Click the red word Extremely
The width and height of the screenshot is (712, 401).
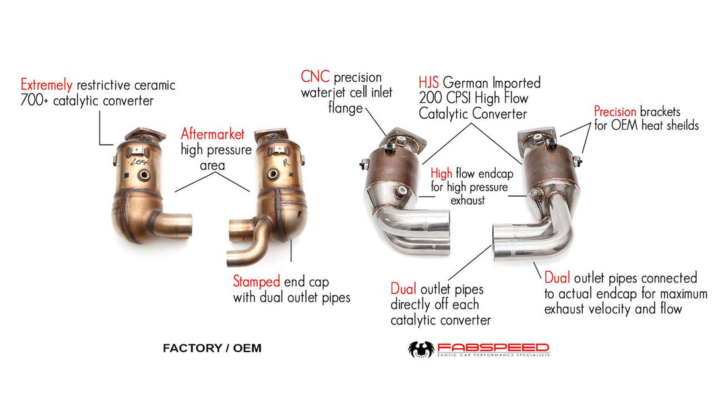pos(46,85)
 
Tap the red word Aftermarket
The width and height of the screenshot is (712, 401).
pos(212,134)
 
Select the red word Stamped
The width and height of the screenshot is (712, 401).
pos(256,282)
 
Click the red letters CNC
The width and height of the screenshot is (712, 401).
pos(315,77)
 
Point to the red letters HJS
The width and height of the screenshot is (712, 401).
pos(429,82)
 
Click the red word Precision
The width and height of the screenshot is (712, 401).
pos(615,111)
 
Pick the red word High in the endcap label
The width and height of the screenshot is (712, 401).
pos(441,173)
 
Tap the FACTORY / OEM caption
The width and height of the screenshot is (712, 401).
pos(212,348)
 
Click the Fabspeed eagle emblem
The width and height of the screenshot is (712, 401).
pos(421,350)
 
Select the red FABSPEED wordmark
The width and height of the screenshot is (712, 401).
pos(493,348)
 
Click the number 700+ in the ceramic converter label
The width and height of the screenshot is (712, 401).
pos(34,100)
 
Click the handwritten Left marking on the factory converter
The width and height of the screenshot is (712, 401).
pos(138,162)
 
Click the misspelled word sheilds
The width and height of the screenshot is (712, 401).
pos(682,125)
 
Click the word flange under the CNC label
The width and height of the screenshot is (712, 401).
pos(346,109)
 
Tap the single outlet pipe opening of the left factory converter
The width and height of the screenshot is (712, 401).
pos(188,224)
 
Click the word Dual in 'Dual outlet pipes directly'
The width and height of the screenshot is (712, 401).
pos(403,290)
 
